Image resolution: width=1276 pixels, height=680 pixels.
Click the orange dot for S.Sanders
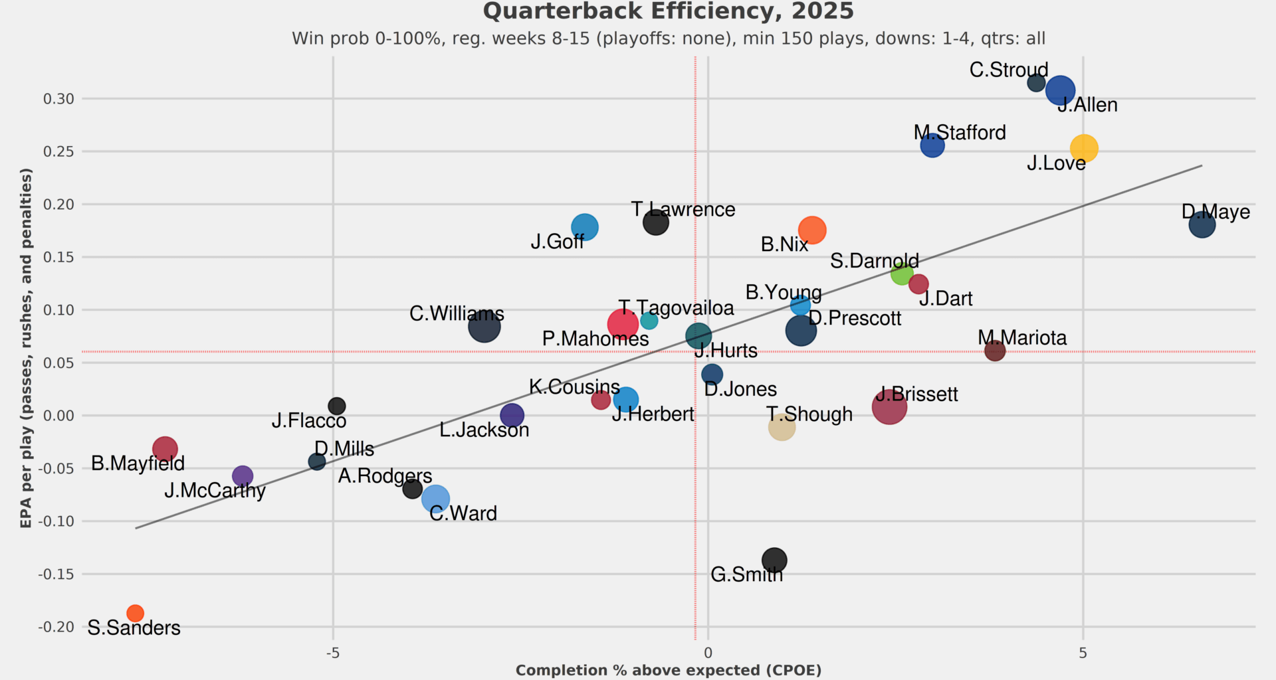(x=135, y=613)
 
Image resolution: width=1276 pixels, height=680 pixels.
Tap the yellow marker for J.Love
(x=1083, y=148)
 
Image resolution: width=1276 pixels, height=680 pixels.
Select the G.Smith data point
(x=774, y=560)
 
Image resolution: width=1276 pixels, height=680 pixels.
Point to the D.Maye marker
(x=1202, y=224)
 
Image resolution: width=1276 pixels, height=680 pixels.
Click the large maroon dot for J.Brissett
(x=889, y=406)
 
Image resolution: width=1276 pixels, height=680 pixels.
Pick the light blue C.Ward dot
(x=435, y=497)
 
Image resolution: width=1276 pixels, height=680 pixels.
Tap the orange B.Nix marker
(x=812, y=230)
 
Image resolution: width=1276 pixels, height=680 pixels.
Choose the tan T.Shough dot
(x=782, y=427)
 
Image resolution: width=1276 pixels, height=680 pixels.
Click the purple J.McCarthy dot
(x=243, y=475)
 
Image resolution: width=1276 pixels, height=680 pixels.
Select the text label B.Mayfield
(x=138, y=463)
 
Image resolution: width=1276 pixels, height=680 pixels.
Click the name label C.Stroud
(x=1008, y=70)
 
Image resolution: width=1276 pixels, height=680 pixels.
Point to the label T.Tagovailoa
(x=677, y=308)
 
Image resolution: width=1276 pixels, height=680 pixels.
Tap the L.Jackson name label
(x=484, y=430)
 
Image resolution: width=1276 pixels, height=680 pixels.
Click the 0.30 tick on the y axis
(x=58, y=99)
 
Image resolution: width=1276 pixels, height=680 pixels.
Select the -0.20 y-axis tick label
(x=56, y=627)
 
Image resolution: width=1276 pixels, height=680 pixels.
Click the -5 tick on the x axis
(x=333, y=653)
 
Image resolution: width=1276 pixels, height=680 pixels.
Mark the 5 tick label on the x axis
(x=1083, y=653)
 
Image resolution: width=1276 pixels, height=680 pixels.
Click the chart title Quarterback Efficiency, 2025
(x=668, y=11)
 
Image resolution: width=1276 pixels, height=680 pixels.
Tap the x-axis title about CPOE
(x=668, y=670)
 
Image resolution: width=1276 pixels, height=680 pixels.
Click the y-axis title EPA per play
(x=26, y=348)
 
